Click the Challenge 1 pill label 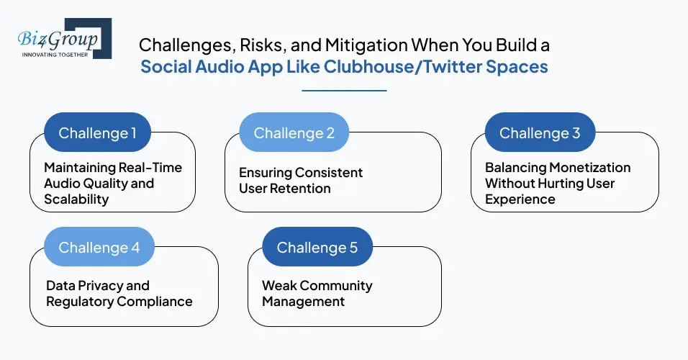point(97,132)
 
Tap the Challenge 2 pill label point(294,132)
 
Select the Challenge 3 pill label point(539,132)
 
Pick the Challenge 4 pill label point(99,247)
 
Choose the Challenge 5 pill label point(317,247)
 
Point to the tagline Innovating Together point(54,54)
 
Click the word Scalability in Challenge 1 point(76,199)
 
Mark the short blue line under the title point(344,91)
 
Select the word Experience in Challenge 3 point(520,199)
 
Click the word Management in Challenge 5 point(303,301)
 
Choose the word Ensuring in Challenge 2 point(268,173)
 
